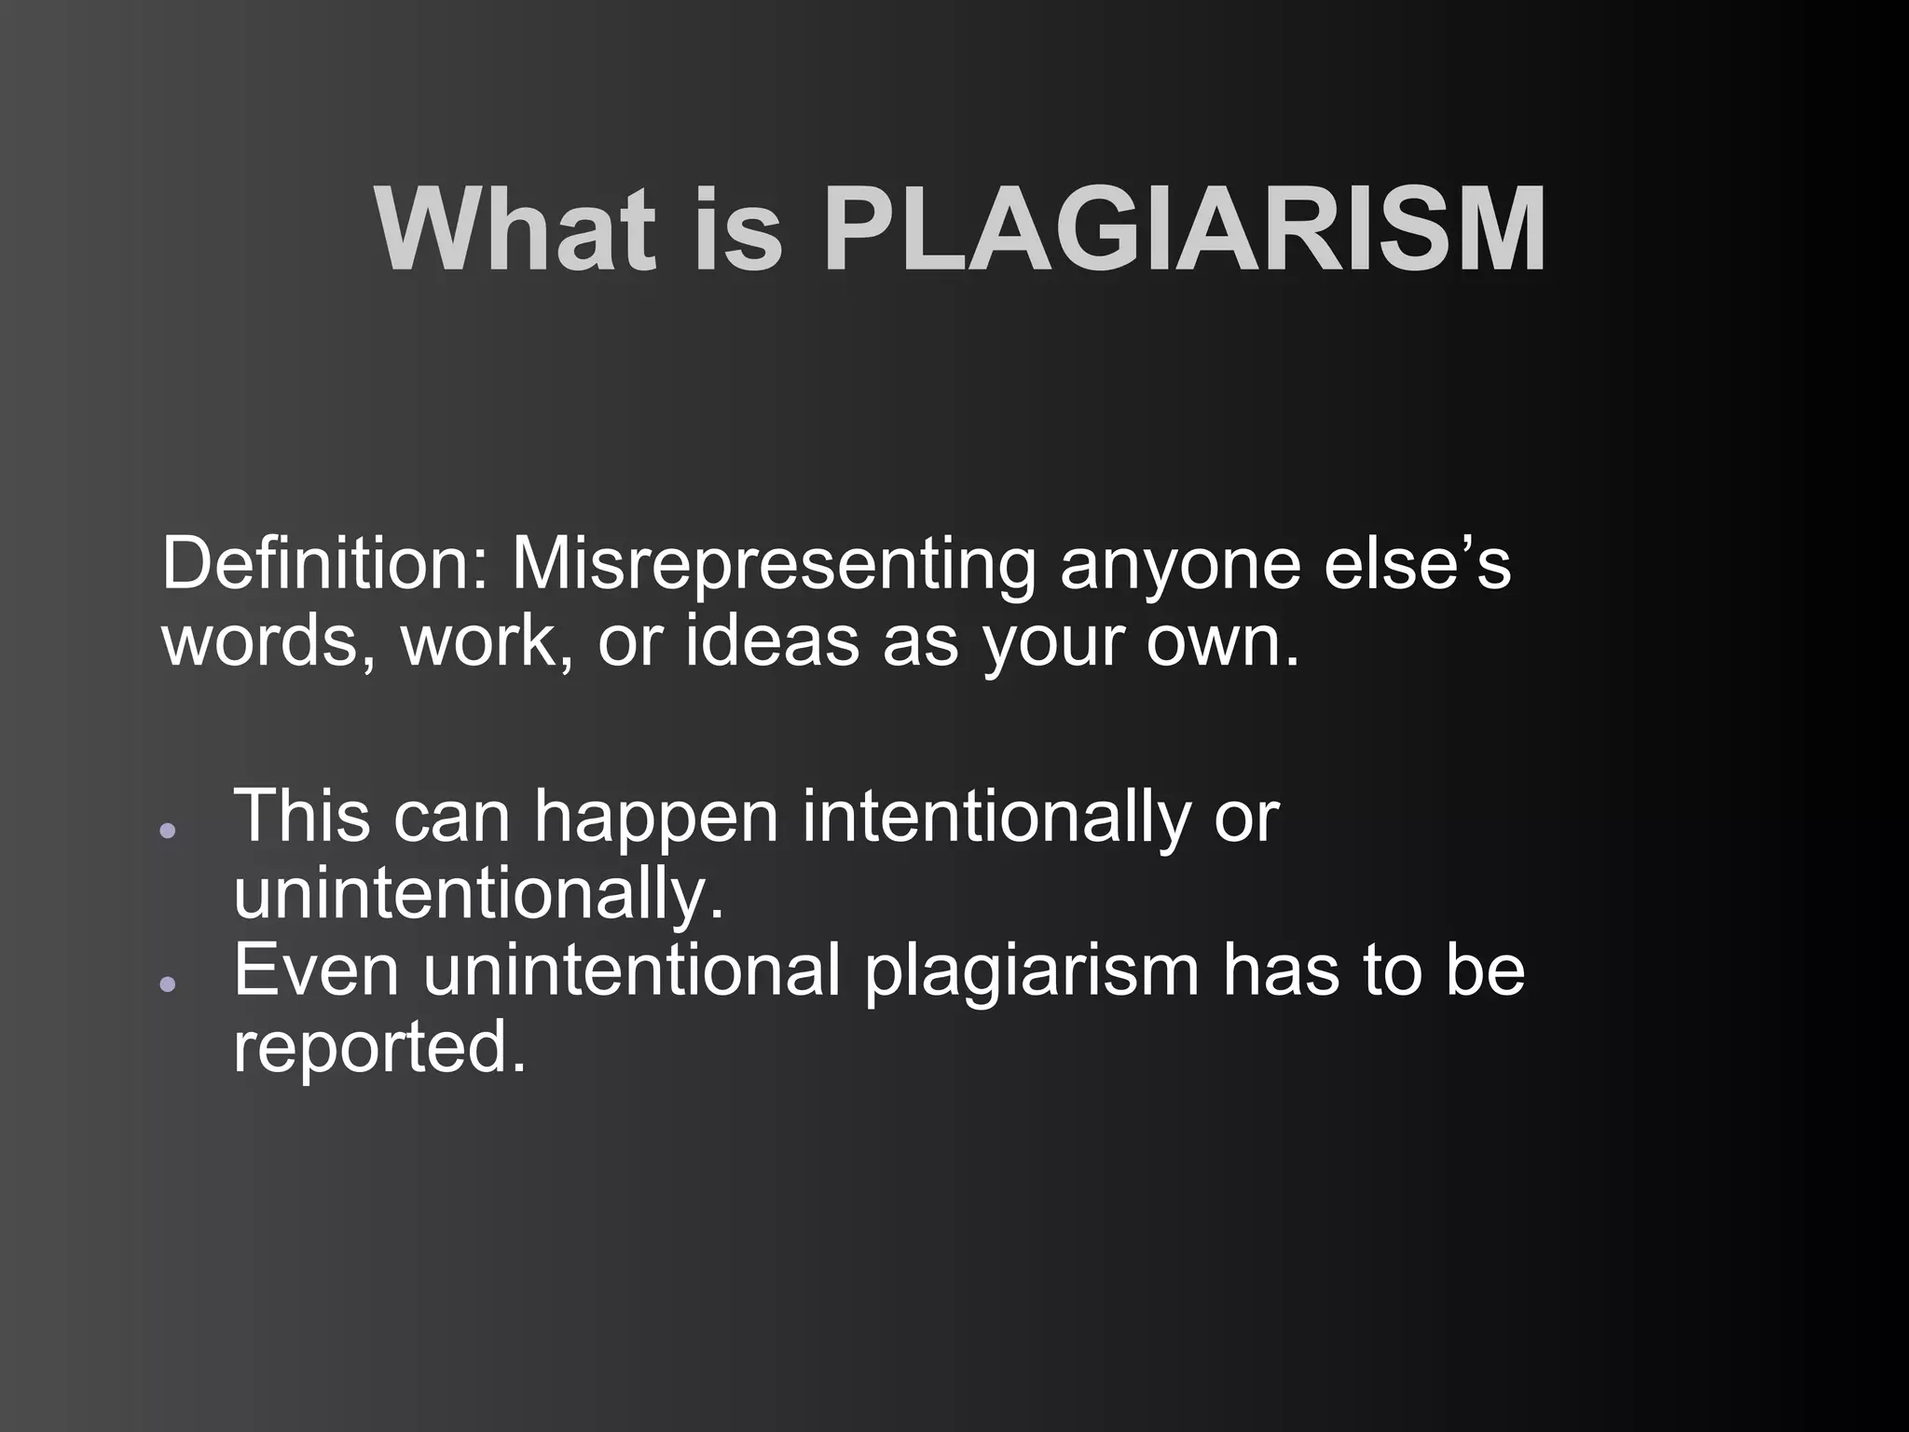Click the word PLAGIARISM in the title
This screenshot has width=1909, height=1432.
click(x=1185, y=229)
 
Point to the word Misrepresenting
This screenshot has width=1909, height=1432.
click(x=774, y=563)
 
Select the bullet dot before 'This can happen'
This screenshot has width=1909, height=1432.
click(x=167, y=830)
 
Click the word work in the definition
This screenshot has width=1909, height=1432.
click(x=485, y=641)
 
